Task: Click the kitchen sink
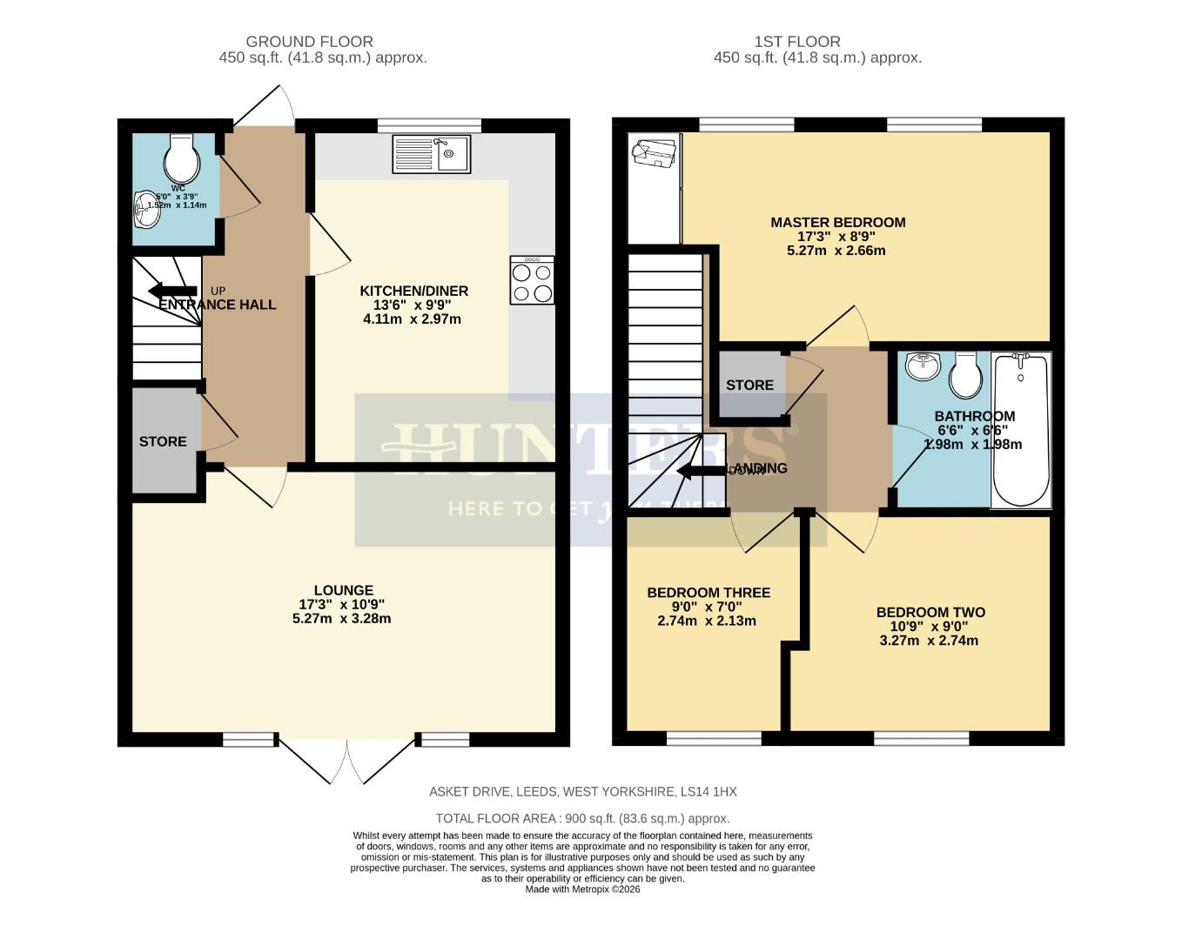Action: pyautogui.click(x=431, y=154)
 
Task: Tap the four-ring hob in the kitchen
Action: pyautogui.click(x=532, y=280)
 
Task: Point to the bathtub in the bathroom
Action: pyautogui.click(x=1021, y=430)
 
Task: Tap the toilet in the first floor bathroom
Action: pyautogui.click(x=965, y=374)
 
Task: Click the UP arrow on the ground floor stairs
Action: pyautogui.click(x=172, y=291)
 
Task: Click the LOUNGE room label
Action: pyautogui.click(x=344, y=590)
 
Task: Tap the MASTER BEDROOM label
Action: pyautogui.click(x=837, y=222)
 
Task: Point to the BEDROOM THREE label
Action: pyautogui.click(x=708, y=593)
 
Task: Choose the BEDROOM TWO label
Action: pyautogui.click(x=930, y=612)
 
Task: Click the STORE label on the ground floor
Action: pyautogui.click(x=163, y=441)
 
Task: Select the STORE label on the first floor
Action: pyautogui.click(x=749, y=385)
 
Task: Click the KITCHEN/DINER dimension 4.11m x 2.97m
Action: pyautogui.click(x=412, y=319)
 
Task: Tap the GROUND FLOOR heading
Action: pyautogui.click(x=309, y=41)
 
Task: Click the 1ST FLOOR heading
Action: pyautogui.click(x=796, y=41)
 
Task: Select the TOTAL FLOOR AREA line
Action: pyautogui.click(x=582, y=818)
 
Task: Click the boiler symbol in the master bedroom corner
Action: pyautogui.click(x=655, y=154)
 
